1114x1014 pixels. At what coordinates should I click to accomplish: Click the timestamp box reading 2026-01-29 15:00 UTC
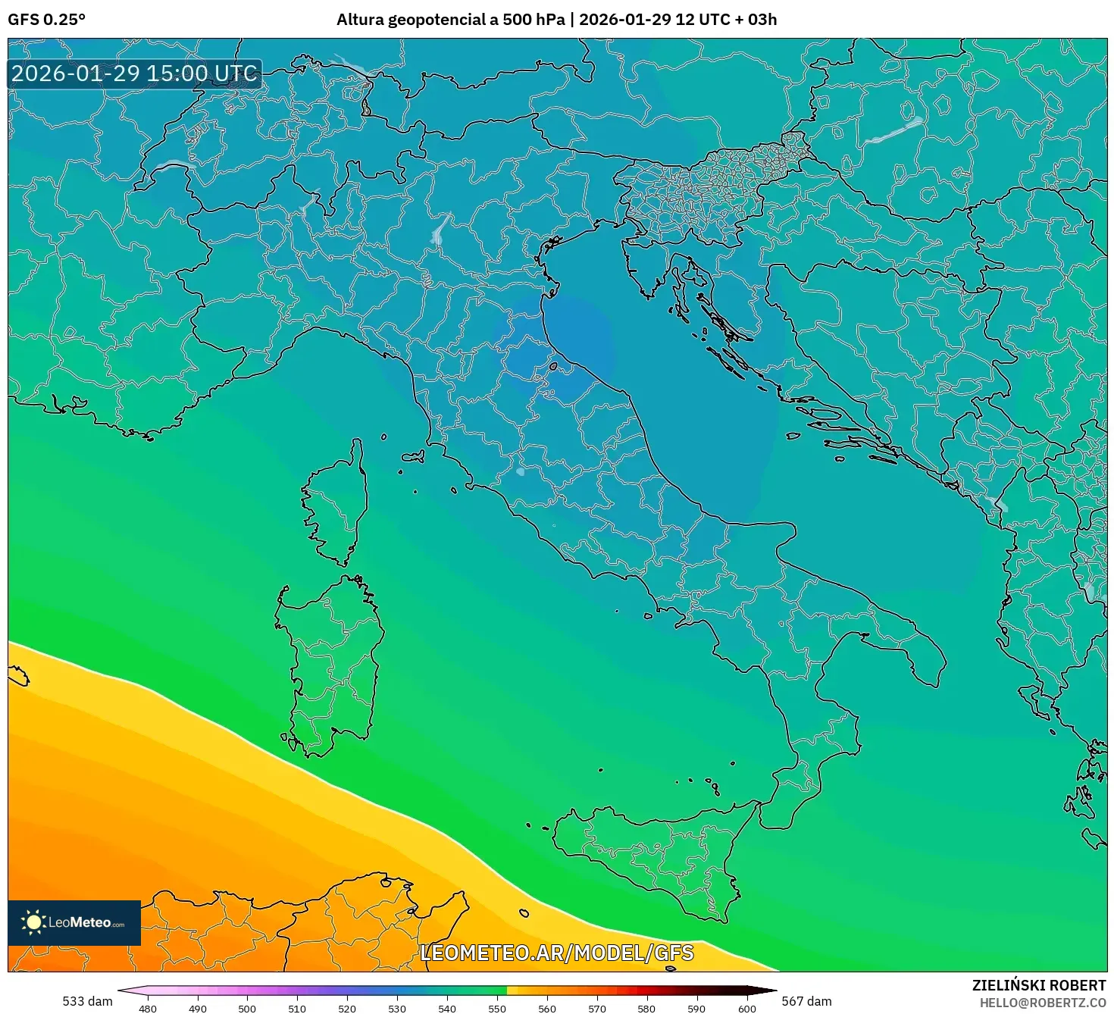tap(135, 74)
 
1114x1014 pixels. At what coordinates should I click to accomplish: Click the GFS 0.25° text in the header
tap(46, 20)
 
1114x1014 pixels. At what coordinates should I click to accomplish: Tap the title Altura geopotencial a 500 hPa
tap(450, 20)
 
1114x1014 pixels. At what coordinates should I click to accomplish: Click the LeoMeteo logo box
tap(74, 922)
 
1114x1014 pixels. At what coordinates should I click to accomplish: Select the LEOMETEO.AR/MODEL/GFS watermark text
tap(556, 953)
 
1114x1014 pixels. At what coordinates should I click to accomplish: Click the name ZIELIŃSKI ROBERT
tap(1039, 985)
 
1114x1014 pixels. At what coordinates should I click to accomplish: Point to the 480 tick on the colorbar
tap(148, 1008)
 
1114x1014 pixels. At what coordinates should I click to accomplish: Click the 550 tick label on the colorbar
tap(497, 1008)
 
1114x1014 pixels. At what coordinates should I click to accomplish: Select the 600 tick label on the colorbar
tap(747, 1008)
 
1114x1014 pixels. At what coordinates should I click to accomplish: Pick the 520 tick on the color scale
tap(347, 1008)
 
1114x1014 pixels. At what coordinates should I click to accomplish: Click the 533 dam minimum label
tap(87, 1001)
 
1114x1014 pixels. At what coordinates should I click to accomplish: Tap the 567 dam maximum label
tap(806, 1001)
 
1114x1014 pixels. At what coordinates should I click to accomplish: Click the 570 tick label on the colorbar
tap(597, 1008)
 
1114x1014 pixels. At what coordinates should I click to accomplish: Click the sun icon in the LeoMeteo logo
tap(34, 922)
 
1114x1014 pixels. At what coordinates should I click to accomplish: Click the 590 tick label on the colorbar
tap(696, 1008)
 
